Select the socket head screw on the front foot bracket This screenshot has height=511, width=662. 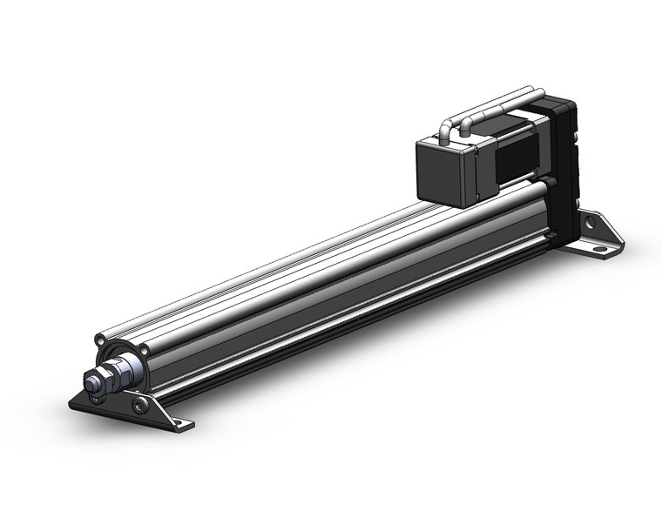(x=139, y=406)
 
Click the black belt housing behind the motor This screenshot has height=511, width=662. (x=561, y=165)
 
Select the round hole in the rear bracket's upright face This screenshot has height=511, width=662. (x=591, y=223)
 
